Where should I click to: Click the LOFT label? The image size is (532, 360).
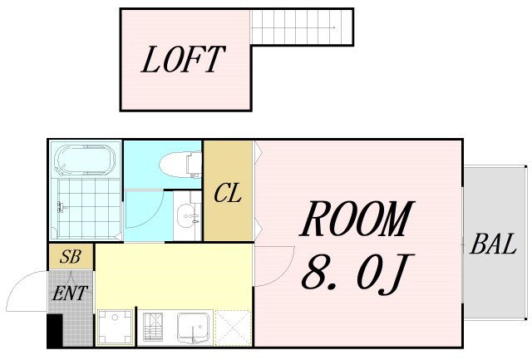183,60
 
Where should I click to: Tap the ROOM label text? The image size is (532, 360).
357,219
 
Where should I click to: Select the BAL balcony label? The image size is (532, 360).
493,244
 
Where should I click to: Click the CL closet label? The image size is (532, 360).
228,193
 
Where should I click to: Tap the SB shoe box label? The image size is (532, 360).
70,257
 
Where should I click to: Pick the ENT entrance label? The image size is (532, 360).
70,293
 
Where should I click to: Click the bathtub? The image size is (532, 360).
85,160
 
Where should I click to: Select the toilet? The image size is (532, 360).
180,165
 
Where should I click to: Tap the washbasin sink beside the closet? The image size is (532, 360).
187,216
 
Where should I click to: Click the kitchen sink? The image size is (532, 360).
193,327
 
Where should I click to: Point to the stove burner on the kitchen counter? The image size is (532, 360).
153,327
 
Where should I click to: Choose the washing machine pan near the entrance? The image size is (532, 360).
115,327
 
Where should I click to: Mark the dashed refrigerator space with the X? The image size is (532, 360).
233,328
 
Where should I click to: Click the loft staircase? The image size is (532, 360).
301,27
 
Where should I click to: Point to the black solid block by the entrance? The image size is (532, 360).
55,330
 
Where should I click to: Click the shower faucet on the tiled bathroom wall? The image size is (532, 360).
61,207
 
